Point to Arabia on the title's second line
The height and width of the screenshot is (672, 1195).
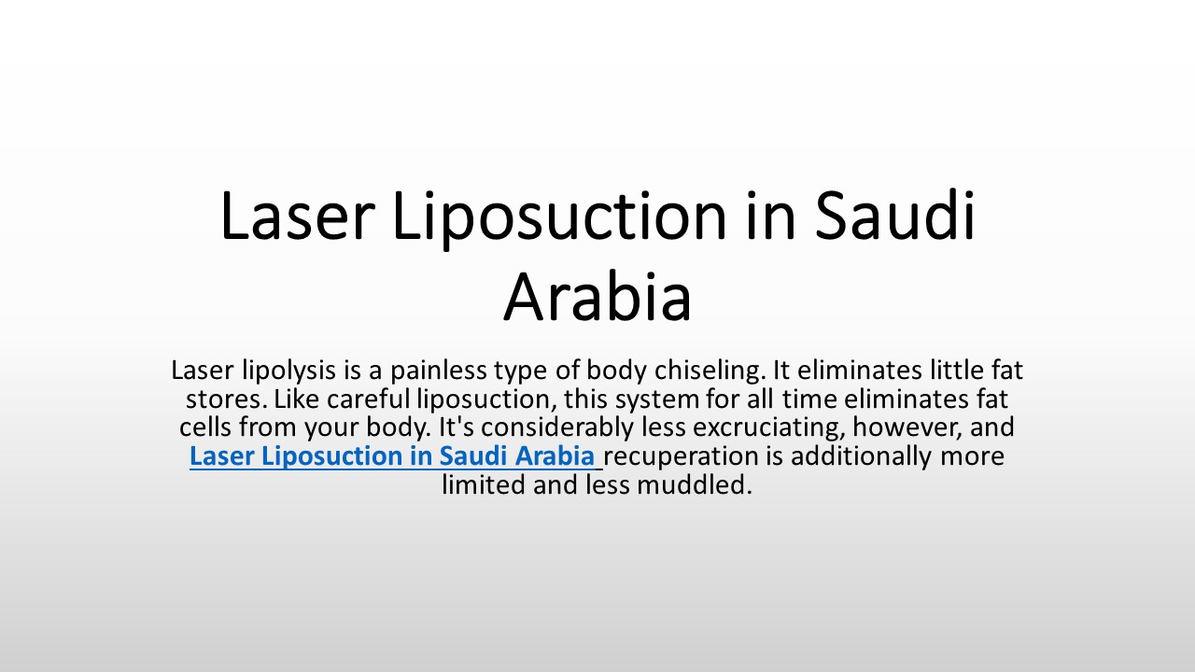coord(597,297)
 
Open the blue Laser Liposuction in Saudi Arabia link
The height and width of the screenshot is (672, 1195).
coord(392,456)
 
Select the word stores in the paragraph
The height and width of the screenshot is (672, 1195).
coord(214,399)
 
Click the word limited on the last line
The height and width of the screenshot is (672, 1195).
coord(484,485)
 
